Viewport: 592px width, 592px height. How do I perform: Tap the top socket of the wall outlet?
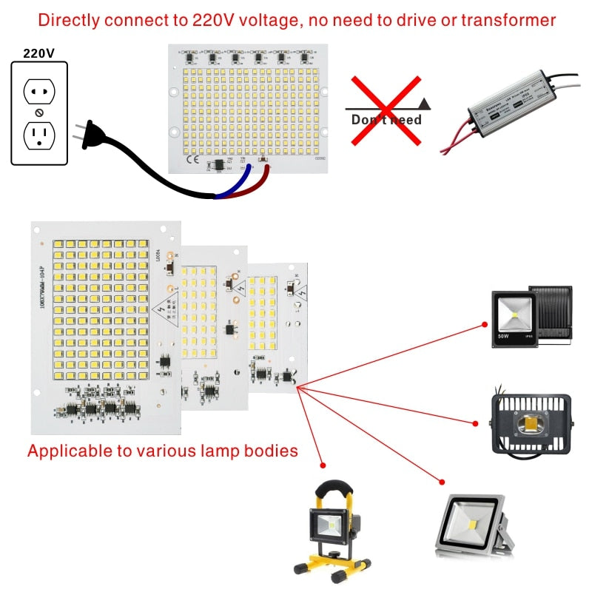tap(39, 91)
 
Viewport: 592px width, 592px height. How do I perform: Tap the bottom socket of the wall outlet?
tap(39, 135)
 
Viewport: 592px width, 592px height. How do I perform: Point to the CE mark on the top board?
tap(191, 158)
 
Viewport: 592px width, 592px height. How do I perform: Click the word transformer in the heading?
tap(509, 20)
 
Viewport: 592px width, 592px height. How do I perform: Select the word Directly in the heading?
tap(70, 20)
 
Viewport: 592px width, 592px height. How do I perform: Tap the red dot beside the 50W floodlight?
tap(485, 323)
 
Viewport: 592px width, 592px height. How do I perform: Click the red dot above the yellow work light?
tap(323, 465)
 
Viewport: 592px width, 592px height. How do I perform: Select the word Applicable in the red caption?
tap(64, 450)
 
